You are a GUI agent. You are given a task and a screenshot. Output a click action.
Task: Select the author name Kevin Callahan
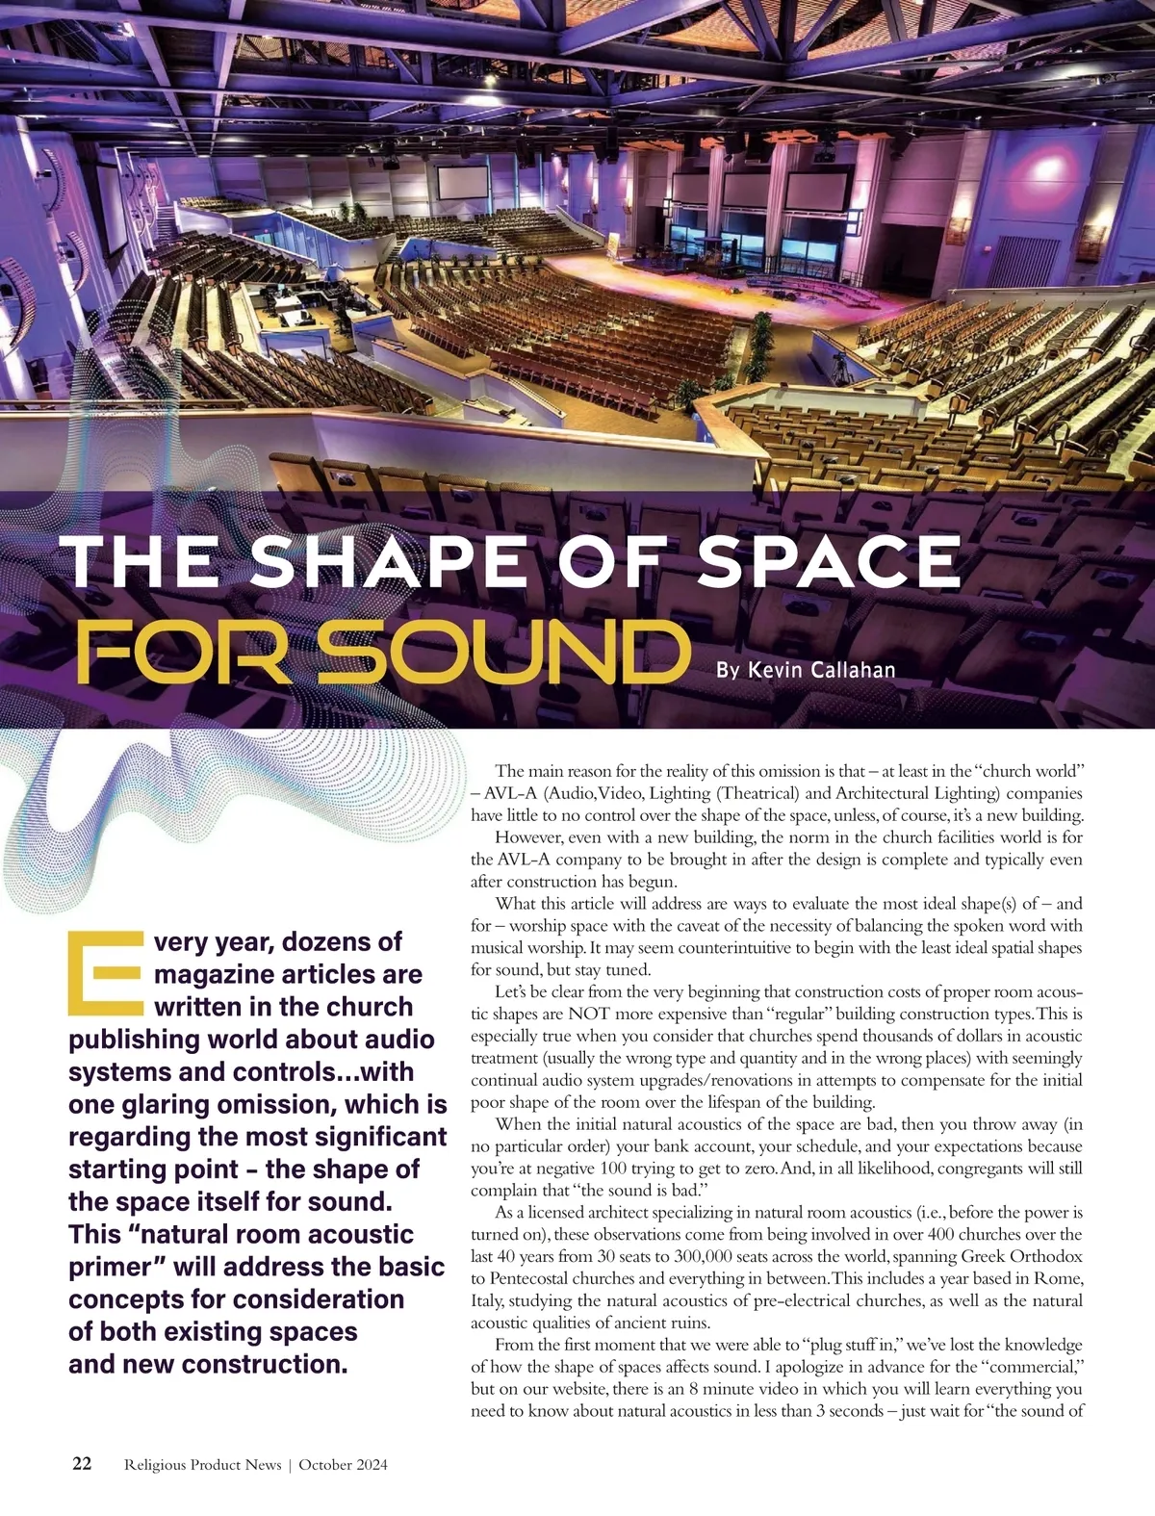point(806,669)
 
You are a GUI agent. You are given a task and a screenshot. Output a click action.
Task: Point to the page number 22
point(82,1464)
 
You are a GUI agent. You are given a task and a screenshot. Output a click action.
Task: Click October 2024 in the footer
point(343,1465)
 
